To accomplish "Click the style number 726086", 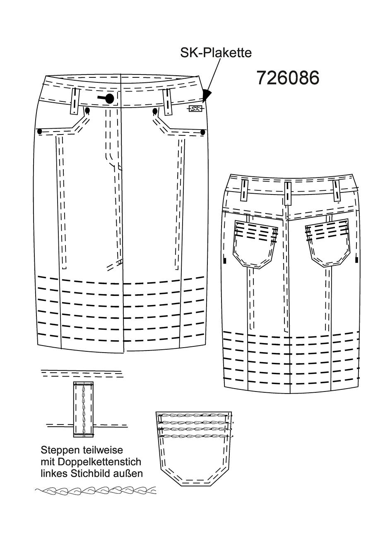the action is click(x=288, y=77).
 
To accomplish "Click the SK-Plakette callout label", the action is click(x=216, y=53).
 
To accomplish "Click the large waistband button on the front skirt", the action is click(x=110, y=98).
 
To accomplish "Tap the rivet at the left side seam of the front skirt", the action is click(x=40, y=131).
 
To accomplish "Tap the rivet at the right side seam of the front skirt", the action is click(x=203, y=132).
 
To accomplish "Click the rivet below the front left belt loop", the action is click(x=87, y=110).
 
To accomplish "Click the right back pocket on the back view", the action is click(x=328, y=243).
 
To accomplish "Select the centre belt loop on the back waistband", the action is click(x=288, y=193).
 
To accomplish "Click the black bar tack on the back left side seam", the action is click(x=225, y=260).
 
